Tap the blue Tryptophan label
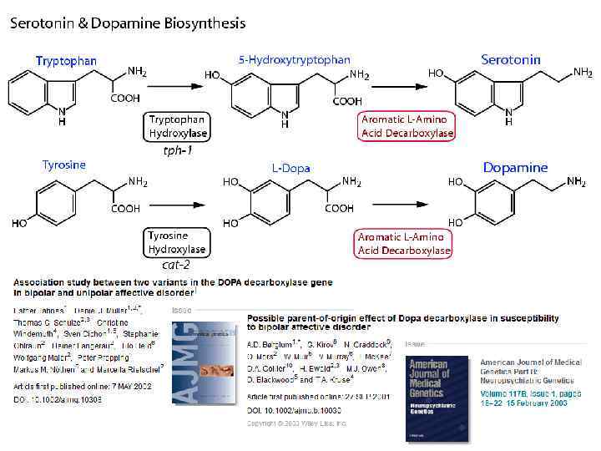tap(66, 61)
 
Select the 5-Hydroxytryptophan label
tap(294, 60)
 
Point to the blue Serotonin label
tap(511, 60)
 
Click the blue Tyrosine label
tap(64, 165)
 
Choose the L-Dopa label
tap(290, 168)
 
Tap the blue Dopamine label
tap(515, 167)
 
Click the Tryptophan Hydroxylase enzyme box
tap(177, 126)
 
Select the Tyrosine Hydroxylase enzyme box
tap(176, 242)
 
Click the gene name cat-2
tap(175, 266)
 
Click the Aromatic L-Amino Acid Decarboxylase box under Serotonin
tap(407, 126)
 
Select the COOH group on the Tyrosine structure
tap(125, 209)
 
